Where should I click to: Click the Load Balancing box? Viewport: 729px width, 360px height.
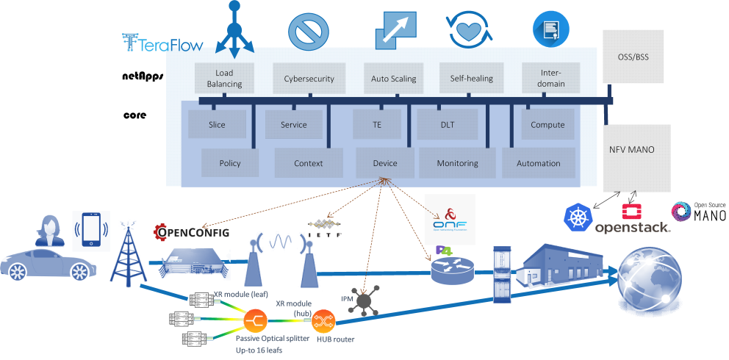224,79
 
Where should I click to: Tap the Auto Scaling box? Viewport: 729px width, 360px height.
393,79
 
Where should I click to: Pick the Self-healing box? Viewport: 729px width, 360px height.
471,79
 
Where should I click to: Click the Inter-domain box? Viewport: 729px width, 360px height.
552,79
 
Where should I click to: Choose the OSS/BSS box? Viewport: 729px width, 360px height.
631,57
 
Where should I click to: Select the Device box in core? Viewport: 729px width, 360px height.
385,163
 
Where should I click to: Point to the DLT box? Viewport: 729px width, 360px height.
448,125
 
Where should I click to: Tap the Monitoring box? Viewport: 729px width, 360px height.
457,163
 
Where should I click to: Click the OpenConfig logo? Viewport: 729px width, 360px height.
191,233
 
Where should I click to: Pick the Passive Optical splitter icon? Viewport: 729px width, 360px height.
254,321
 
